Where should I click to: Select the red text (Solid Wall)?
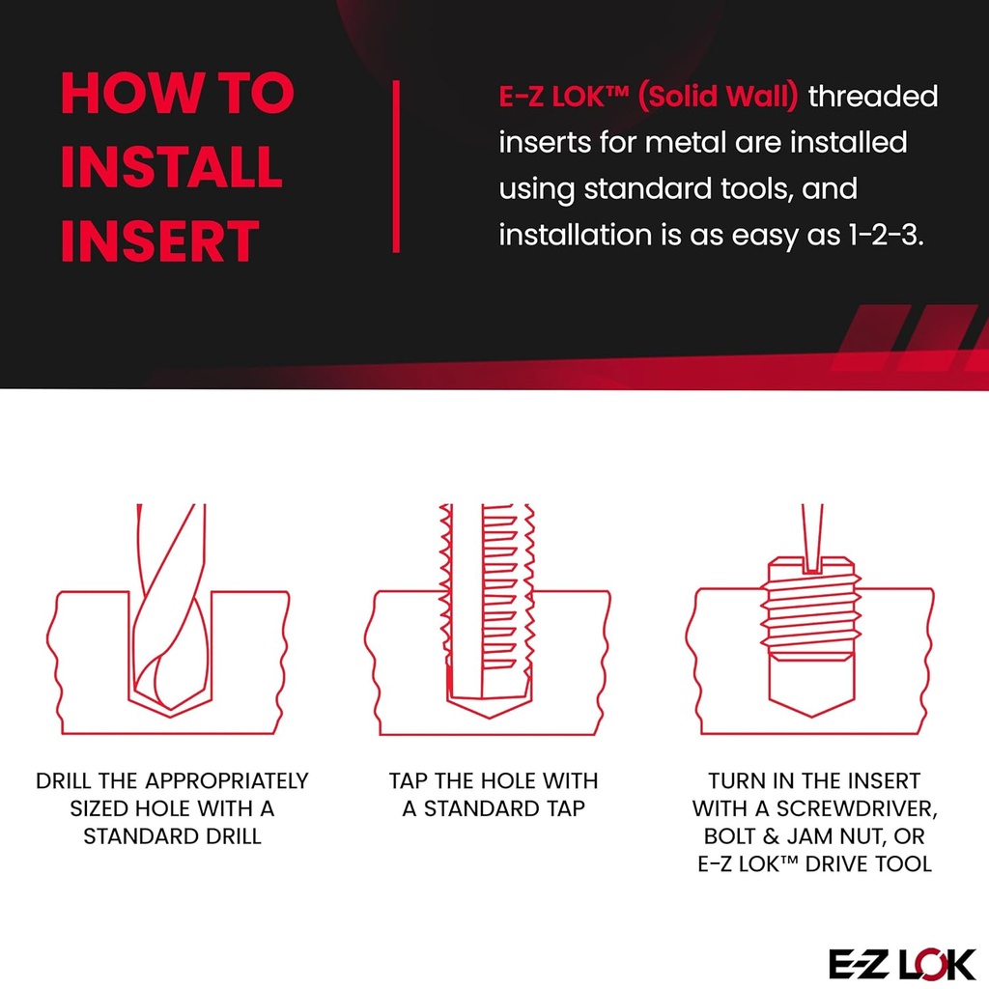click(719, 97)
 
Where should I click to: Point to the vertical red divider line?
click(396, 166)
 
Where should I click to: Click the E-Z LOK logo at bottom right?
click(902, 963)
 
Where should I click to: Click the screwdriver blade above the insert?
click(811, 531)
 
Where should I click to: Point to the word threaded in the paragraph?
click(873, 97)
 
